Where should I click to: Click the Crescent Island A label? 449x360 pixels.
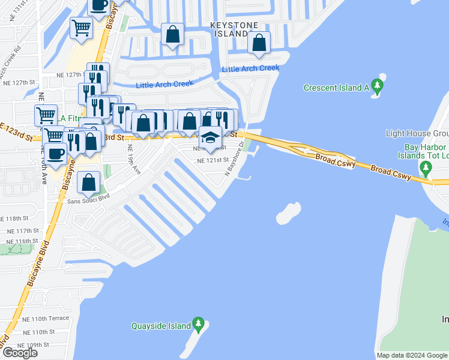pyautogui.click(x=336, y=88)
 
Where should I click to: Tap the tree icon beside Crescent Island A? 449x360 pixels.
pyautogui.click(x=378, y=88)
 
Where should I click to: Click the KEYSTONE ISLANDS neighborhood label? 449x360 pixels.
pyautogui.click(x=235, y=29)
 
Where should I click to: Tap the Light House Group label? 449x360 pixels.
pyautogui.click(x=417, y=133)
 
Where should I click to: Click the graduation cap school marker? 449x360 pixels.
pyautogui.click(x=210, y=139)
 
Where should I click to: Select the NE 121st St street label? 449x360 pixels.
pyautogui.click(x=213, y=160)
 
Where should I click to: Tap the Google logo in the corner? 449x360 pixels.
pyautogui.click(x=20, y=353)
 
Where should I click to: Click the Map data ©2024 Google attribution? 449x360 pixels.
pyautogui.click(x=411, y=355)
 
